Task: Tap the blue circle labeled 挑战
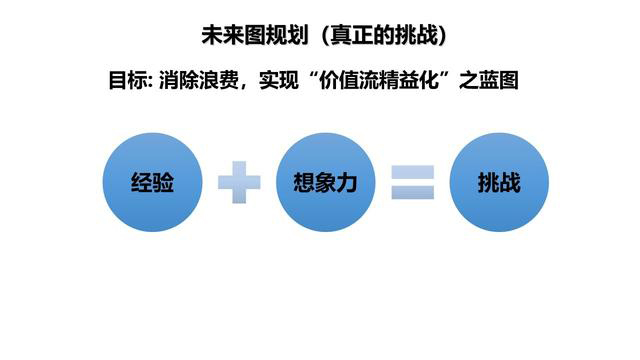[x=499, y=183]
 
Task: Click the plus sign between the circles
[x=239, y=183]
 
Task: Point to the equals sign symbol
[x=412, y=183]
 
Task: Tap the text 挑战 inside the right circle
[x=499, y=184]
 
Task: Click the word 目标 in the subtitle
[x=125, y=81]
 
